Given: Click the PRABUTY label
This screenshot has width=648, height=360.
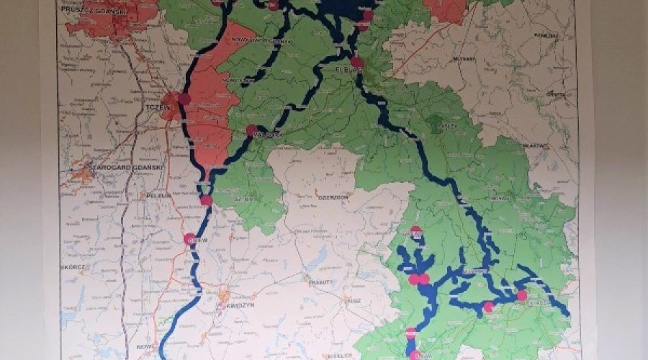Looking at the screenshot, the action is coord(320,282).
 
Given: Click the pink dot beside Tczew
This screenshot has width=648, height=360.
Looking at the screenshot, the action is coord(184,99).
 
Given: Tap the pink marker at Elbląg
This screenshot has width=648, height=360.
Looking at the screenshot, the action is coord(357,63).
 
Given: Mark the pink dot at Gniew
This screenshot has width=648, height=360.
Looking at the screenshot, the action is coord(190,240).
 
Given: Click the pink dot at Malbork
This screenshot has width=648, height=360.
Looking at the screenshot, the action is coord(252,131).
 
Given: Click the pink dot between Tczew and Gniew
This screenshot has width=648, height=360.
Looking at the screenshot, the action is coord(206,200).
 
